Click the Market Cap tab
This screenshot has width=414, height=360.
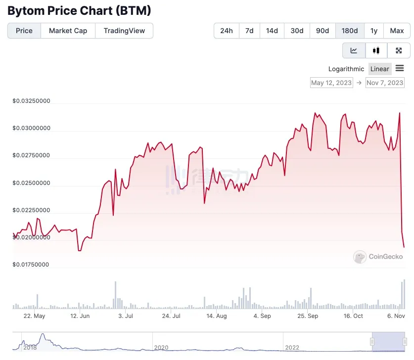[68, 31]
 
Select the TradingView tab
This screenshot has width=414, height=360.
[124, 31]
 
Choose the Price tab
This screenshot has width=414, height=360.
[24, 31]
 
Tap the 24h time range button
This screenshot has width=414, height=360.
[227, 31]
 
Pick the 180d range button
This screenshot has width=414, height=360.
[350, 31]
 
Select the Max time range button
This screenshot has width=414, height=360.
[397, 31]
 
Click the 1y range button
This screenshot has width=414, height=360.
[374, 31]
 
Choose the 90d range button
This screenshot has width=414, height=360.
[322, 31]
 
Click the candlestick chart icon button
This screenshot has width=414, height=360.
[376, 50]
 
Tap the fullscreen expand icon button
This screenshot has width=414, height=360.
[399, 50]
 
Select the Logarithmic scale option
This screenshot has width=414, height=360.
[346, 69]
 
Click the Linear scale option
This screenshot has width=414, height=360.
[380, 69]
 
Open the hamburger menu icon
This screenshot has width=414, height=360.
[400, 69]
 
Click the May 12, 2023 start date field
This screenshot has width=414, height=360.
[331, 83]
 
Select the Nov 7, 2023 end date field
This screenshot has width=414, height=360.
[385, 83]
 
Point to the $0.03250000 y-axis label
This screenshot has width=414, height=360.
[31, 101]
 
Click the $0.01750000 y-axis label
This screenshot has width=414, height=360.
[31, 265]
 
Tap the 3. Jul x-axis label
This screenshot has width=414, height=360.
[125, 316]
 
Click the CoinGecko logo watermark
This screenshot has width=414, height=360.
[378, 257]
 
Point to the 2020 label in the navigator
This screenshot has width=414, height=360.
[161, 348]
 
